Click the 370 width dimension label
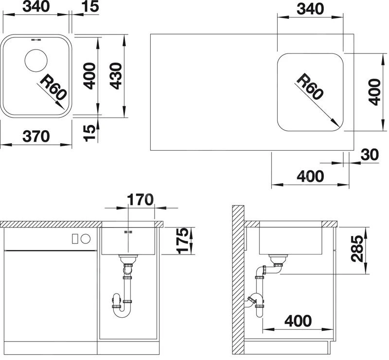[36, 137]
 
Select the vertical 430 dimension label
[116, 76]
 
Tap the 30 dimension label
[370, 154]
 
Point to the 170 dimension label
[140, 200]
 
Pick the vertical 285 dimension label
[357, 249]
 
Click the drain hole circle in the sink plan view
[36, 61]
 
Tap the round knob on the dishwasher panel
[86, 239]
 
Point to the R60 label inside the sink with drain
[53, 87]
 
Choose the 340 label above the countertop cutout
[310, 9]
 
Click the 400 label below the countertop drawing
[310, 176]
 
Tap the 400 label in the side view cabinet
[298, 321]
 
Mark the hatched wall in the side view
[238, 280]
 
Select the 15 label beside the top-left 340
[90, 7]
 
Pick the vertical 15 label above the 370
[90, 133]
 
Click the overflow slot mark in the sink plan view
[36, 40]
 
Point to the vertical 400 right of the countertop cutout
[374, 92]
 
